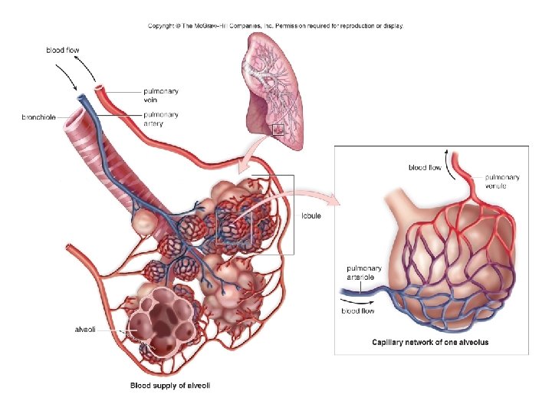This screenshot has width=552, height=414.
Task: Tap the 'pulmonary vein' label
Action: [x=161, y=95]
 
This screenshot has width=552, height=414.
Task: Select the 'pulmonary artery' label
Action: [x=161, y=119]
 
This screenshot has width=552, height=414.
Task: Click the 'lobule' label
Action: [x=311, y=216]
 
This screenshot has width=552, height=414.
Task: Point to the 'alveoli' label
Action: [x=85, y=329]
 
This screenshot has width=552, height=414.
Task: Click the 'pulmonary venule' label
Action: [x=502, y=182]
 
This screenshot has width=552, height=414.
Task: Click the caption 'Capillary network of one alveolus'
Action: [x=430, y=342]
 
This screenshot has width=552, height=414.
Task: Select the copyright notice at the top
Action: [x=275, y=25]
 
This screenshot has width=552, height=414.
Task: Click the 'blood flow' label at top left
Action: [x=62, y=51]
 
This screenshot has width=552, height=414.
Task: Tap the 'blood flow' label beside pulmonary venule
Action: [x=425, y=167]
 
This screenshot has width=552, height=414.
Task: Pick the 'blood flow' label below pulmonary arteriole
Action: [x=358, y=311]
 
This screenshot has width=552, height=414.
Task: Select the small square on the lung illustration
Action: [x=278, y=129]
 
